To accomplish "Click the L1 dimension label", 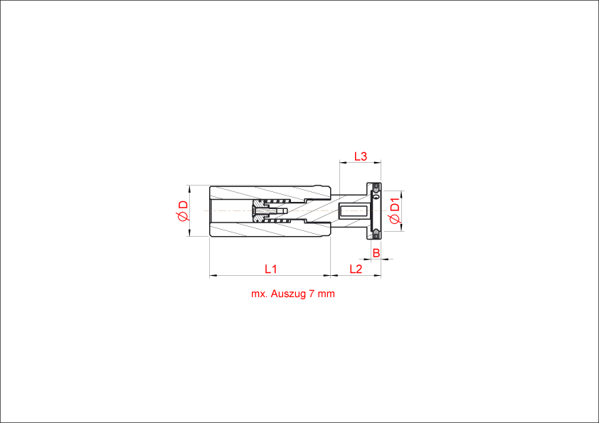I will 270,269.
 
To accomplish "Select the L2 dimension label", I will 356,269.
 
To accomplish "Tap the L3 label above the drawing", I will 361,156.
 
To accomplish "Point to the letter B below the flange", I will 376,252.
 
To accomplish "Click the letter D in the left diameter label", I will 184,205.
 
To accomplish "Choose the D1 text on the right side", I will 396,205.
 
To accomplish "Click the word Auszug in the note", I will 287,294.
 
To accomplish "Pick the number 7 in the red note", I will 312,294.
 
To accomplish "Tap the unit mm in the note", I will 326,294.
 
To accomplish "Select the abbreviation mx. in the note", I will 258,294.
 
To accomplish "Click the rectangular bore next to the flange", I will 353,210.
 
